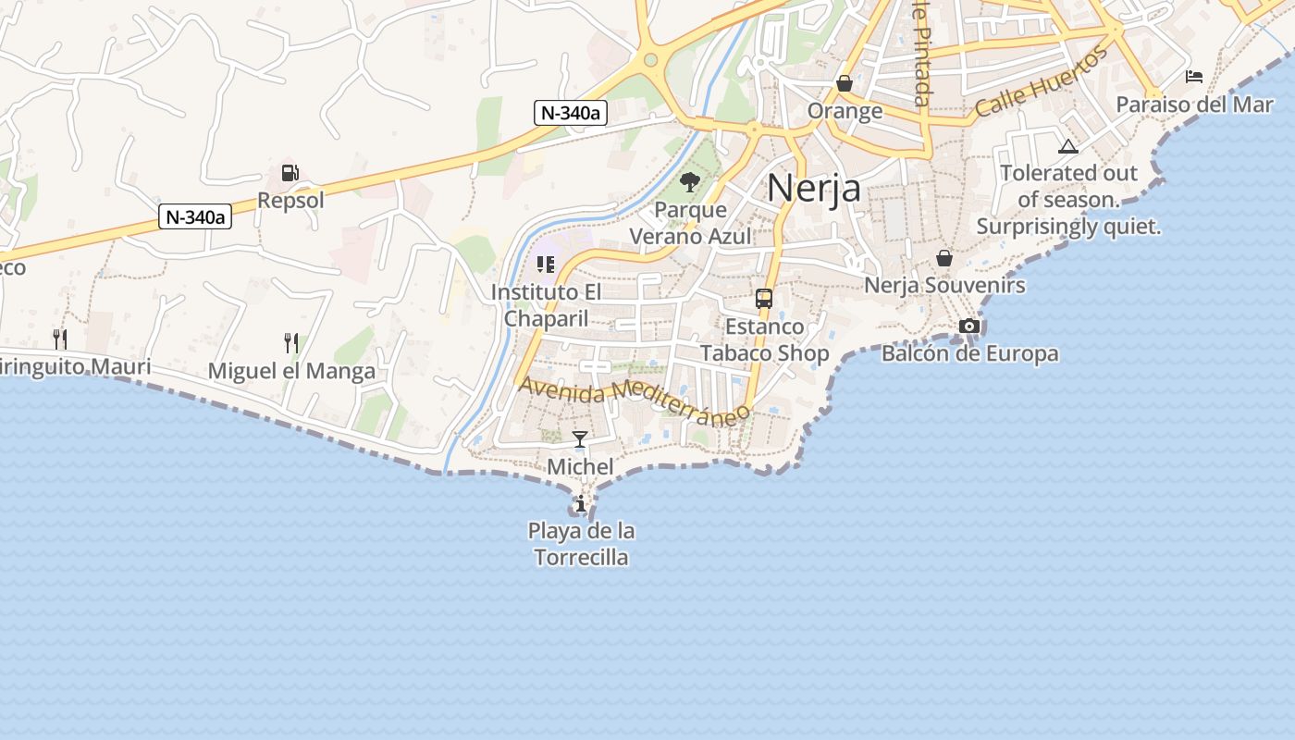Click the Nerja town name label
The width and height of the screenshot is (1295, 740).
click(x=814, y=188)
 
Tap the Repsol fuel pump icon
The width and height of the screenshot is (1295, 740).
click(x=290, y=173)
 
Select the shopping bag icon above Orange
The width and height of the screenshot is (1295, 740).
click(x=845, y=84)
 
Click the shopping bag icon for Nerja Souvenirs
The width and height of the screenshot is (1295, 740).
click(x=944, y=258)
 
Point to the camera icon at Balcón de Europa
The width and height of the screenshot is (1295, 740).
click(x=969, y=327)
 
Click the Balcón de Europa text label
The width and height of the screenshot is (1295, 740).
click(x=969, y=353)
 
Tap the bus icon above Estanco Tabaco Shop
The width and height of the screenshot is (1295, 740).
click(x=764, y=299)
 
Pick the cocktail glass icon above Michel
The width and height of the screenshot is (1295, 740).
click(x=580, y=439)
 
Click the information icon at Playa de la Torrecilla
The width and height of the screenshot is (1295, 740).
click(x=581, y=504)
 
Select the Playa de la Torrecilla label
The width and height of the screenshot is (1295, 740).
click(x=582, y=544)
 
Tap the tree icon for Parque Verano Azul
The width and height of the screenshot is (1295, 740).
click(x=690, y=181)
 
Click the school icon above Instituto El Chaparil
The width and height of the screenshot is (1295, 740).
click(x=546, y=265)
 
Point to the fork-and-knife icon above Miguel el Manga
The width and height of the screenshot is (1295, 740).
click(x=291, y=343)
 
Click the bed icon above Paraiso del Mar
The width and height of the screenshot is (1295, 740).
click(x=1194, y=76)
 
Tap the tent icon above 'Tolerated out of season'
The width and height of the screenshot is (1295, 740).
click(x=1068, y=146)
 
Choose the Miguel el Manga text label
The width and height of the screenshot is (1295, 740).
click(x=291, y=371)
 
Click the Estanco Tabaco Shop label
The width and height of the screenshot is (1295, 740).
click(x=764, y=339)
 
